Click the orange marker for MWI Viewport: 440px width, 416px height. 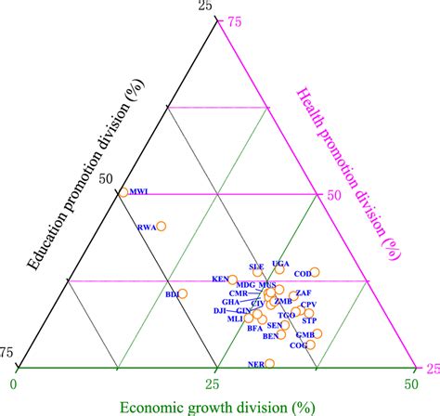point(123,193)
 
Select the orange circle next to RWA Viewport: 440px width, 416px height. point(161,226)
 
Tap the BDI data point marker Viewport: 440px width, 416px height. point(183,294)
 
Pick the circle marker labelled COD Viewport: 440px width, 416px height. point(315,272)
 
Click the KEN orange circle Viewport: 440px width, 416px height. point(232,279)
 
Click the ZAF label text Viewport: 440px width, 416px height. point(304,293)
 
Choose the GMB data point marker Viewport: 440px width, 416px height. point(317,333)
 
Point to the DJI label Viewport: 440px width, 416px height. point(220,310)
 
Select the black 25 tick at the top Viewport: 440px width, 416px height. point(205,7)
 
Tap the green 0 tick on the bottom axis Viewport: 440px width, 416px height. point(14,382)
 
